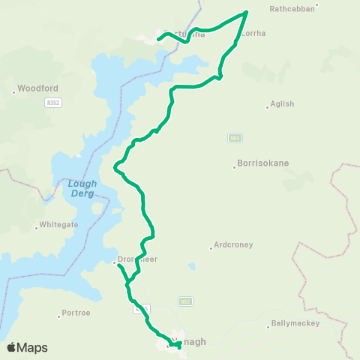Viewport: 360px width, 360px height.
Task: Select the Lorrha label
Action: [255, 34]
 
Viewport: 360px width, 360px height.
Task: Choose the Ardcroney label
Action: [233, 244]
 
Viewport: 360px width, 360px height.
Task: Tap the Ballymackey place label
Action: [294, 323]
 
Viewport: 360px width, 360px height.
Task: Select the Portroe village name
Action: [76, 312]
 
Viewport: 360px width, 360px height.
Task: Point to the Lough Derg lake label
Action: [81, 188]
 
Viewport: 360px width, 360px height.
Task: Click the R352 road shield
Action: [52, 102]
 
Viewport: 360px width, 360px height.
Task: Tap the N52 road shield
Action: [186, 301]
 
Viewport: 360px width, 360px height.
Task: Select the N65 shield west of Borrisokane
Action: [235, 138]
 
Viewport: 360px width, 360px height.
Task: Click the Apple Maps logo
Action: [27, 347]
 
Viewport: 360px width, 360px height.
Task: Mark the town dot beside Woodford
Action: [14, 92]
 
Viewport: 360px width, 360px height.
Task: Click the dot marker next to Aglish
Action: [267, 107]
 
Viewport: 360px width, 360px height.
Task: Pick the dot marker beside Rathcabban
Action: [317, 5]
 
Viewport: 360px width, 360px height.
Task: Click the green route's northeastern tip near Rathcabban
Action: [247, 13]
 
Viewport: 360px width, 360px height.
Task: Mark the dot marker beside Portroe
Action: [59, 316]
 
